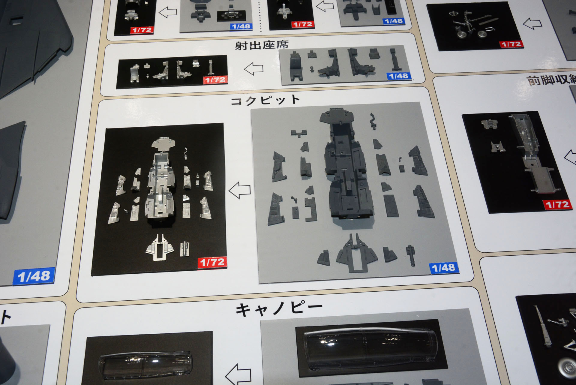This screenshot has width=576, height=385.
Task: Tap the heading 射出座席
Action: point(261,45)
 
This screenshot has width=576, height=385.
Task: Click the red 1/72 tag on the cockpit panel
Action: point(212,262)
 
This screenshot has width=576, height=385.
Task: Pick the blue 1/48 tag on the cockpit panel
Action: point(444,268)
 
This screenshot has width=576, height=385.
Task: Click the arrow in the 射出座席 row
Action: point(253,69)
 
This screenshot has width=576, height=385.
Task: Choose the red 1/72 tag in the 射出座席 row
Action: point(215,80)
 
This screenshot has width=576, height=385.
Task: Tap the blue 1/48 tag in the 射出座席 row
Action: point(398,76)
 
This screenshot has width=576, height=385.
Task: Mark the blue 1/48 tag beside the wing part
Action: point(34,276)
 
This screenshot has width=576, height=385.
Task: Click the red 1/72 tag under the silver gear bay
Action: point(557,205)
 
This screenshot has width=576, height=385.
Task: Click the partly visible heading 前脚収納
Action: point(550,80)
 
